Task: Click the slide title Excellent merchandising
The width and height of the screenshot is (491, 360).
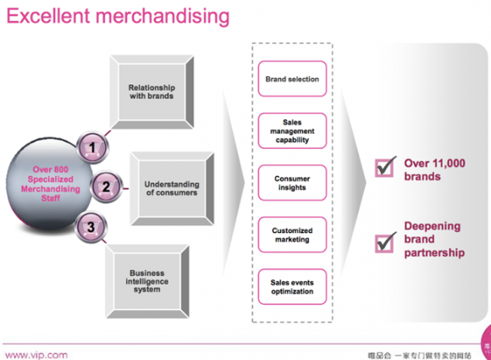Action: tap(118, 16)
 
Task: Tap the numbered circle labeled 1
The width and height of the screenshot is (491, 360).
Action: tap(92, 147)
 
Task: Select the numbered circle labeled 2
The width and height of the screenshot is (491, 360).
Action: tap(106, 187)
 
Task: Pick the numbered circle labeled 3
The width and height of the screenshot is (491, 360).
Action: tap(91, 227)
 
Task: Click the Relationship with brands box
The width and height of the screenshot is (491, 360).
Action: tap(152, 92)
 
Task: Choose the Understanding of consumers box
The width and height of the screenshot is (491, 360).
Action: tap(172, 189)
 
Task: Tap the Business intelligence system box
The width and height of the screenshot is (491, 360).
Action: tap(147, 281)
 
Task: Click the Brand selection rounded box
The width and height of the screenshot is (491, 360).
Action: tap(292, 79)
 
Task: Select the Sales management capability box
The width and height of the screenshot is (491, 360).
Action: tap(292, 130)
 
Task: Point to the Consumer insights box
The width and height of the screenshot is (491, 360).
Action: tap(292, 183)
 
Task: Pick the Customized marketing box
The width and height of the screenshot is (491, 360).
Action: tap(292, 235)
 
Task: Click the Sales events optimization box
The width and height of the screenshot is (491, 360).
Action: tap(292, 286)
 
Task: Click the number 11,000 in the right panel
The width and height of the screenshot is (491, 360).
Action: tap(449, 163)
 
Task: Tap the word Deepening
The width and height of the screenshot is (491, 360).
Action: tap(433, 226)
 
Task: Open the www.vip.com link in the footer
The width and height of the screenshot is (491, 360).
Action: tap(36, 355)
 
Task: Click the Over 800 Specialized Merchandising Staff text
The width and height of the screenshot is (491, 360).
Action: tap(51, 184)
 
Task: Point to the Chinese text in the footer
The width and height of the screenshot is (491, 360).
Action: tap(420, 355)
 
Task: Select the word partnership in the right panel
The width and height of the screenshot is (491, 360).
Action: tap(434, 252)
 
